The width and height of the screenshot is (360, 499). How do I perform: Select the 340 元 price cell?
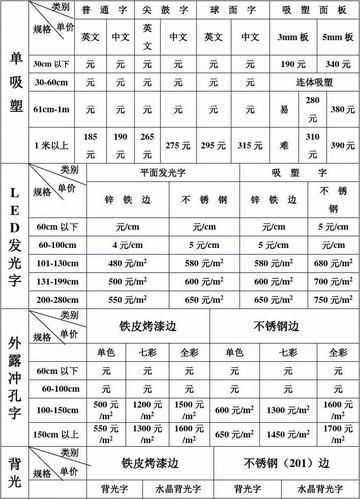[338, 63]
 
